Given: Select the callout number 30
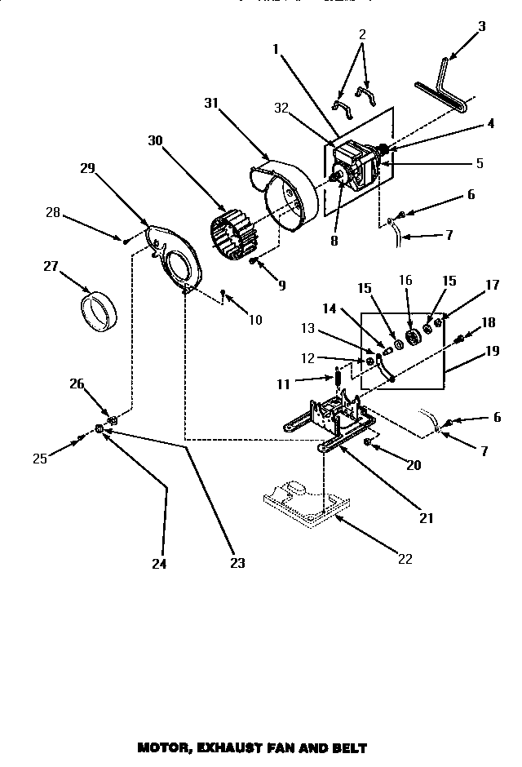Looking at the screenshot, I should coord(156,140).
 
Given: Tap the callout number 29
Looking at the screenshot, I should coord(88,168).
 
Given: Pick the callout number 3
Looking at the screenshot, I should coord(481,26).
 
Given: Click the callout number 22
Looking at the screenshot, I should coord(405,559).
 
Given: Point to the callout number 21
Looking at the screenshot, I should coord(427,517).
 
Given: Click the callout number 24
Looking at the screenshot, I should coord(160,563).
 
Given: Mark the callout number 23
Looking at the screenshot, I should coord(237,563).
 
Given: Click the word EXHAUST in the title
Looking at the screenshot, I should coord(231,747).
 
